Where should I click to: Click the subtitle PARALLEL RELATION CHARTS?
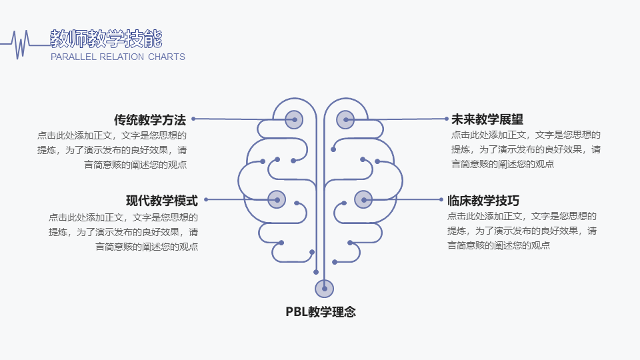118,57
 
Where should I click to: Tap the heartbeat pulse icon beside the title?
23,44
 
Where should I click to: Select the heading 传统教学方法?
150,120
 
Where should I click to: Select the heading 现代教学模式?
162,200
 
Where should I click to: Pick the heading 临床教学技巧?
483,200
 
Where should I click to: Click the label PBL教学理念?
321,311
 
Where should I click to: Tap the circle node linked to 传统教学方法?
294,119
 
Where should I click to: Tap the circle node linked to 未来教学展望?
345,119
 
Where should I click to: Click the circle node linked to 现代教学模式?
277,199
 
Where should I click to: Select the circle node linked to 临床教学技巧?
363,199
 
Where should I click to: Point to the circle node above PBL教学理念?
324,289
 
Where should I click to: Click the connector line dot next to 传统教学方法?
193,119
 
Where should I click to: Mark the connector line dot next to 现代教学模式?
205,199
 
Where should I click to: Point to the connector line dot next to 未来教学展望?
447,119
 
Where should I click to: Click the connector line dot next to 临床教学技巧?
441,199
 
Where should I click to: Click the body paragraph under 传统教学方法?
112,150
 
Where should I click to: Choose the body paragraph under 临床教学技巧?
522,231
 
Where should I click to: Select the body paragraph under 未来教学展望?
526,150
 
